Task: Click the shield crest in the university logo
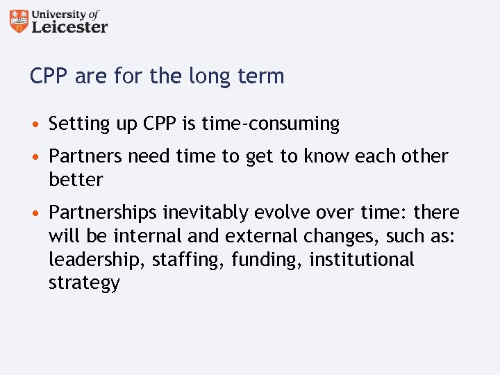click(x=19, y=21)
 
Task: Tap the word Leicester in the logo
click(x=69, y=26)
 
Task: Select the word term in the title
click(x=262, y=76)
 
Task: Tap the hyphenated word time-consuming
click(x=270, y=124)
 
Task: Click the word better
click(x=76, y=179)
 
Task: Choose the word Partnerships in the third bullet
click(x=103, y=212)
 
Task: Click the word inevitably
click(x=204, y=212)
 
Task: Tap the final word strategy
click(x=84, y=283)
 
